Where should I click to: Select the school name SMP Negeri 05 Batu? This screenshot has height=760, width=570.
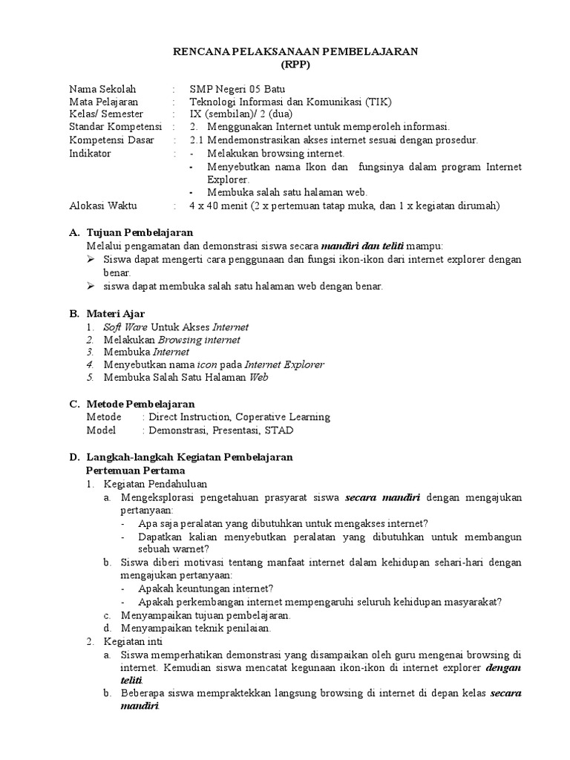[232, 88]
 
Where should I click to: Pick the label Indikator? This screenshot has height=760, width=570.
[90, 153]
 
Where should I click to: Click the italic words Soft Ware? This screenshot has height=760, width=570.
[120, 327]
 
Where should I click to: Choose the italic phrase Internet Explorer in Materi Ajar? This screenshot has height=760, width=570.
[284, 364]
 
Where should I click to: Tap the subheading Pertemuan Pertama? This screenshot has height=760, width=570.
[135, 471]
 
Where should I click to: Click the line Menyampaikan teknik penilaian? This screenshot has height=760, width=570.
[196, 628]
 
